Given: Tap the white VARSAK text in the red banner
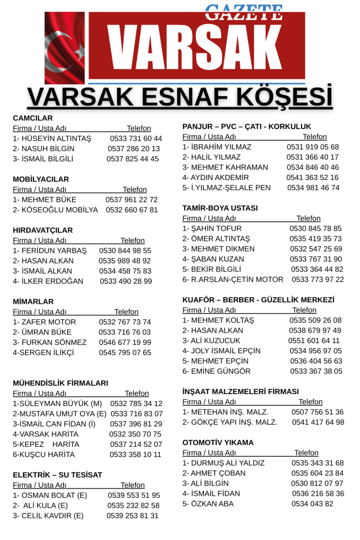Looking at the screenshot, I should [197, 47].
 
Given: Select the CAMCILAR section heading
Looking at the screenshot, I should [33, 118].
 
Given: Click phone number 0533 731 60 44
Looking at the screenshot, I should [136, 139].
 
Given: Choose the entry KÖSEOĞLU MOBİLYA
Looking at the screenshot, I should [55, 210].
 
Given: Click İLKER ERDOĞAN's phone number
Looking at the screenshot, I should [126, 281].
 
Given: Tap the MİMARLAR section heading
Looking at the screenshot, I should [33, 302].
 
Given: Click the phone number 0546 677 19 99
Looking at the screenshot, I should [125, 343].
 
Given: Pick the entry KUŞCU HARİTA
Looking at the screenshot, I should [44, 455].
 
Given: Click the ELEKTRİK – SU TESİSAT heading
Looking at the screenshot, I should [58, 475].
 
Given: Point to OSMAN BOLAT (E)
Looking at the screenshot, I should [50, 495].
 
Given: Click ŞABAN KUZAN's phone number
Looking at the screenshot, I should [316, 259].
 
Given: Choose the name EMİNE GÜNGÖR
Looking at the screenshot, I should [216, 371].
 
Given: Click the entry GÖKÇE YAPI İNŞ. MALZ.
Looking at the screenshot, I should [230, 422].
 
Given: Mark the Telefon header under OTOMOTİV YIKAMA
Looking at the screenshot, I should [306, 453].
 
